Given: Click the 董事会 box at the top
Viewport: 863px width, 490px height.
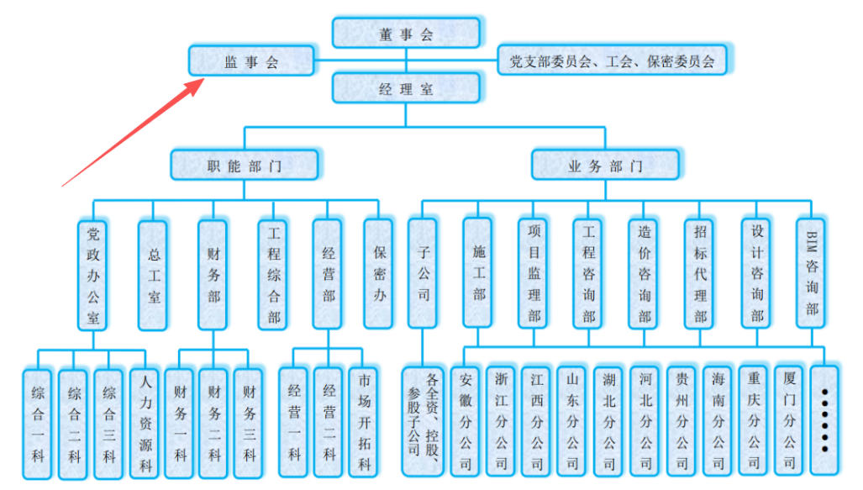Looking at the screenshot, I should point(406,34).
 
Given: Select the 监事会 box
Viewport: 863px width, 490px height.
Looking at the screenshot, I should point(250,61).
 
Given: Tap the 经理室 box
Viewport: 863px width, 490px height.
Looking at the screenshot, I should point(406,88).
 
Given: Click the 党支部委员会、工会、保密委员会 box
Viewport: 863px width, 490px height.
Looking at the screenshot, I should point(612,61).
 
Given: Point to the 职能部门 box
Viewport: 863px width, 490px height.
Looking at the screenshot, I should point(245,166).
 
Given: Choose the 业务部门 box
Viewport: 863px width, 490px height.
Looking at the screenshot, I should point(605,166).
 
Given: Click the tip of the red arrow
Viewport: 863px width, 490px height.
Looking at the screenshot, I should point(204,80).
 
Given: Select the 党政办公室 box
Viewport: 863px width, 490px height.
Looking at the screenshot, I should point(92,274).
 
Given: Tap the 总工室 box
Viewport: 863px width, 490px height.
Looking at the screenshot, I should point(153,275).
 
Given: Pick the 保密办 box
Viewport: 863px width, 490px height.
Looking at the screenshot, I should point(379,274).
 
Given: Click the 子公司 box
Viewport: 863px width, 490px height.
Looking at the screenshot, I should point(423,273).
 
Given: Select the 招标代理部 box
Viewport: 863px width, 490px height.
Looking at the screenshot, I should point(701,273).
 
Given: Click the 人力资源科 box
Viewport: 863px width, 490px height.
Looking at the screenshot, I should point(145,424).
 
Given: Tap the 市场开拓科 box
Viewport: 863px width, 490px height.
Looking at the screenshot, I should point(364,423).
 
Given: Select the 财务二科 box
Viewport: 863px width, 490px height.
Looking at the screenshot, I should point(215,424).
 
